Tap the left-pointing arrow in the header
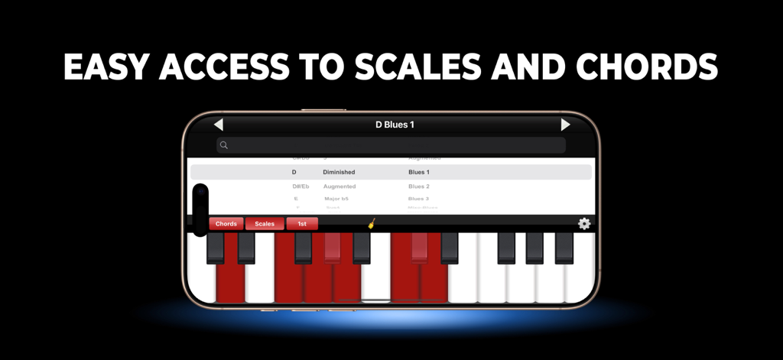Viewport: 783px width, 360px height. coord(219,125)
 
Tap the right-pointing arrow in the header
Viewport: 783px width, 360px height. coord(565,125)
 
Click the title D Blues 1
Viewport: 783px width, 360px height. coord(395,125)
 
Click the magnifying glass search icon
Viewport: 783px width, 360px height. coord(224,145)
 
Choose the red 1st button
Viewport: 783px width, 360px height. coord(302,224)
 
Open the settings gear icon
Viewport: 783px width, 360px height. coord(584,224)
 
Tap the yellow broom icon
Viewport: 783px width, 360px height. coord(372,223)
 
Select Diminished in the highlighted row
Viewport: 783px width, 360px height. coord(339,172)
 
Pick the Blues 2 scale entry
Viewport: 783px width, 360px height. coord(418,186)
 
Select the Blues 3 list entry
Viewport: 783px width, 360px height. coord(418,199)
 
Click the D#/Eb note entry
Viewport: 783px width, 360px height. coord(301,186)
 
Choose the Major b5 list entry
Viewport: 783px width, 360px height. coord(336,199)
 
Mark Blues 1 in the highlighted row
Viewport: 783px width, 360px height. coord(418,172)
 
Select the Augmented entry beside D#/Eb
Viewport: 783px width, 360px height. coord(339,186)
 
